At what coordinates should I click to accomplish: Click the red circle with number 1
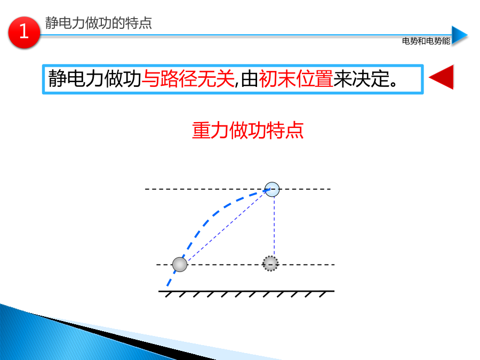click(x=24, y=32)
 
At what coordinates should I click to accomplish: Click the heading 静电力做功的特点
click(x=99, y=23)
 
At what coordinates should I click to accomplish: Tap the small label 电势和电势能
click(x=426, y=41)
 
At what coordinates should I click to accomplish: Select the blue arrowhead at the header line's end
click(x=460, y=35)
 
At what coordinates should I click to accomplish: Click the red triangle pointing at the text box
click(x=441, y=77)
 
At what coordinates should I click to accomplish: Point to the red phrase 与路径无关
click(x=188, y=79)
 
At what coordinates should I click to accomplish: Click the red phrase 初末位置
click(x=295, y=79)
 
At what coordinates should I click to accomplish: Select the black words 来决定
click(x=361, y=79)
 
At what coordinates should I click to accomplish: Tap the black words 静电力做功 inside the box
click(x=94, y=79)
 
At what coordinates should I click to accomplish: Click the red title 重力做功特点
click(x=247, y=131)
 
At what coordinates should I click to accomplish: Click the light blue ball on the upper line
click(x=272, y=189)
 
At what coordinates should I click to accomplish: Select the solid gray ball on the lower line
click(x=180, y=265)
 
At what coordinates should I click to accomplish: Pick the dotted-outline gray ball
click(x=270, y=263)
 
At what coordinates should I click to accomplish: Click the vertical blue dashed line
click(x=274, y=226)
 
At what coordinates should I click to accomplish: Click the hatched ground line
click(x=246, y=293)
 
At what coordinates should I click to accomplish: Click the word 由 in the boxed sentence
click(x=249, y=79)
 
